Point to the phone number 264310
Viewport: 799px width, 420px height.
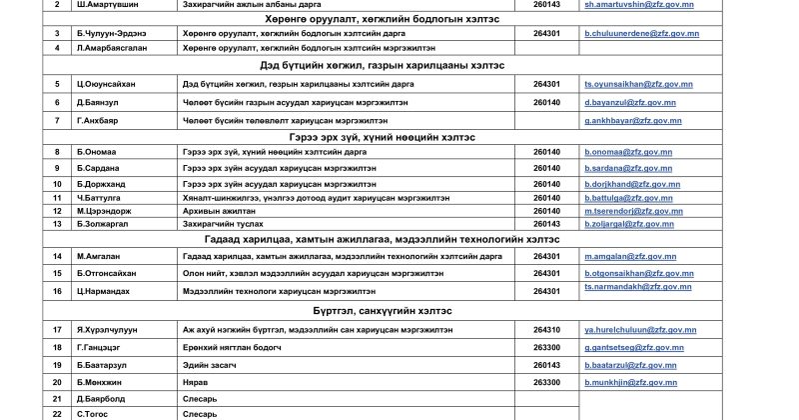(547, 329)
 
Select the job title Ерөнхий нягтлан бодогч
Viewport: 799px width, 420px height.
(232, 347)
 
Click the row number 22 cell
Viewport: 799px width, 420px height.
(30, 412)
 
